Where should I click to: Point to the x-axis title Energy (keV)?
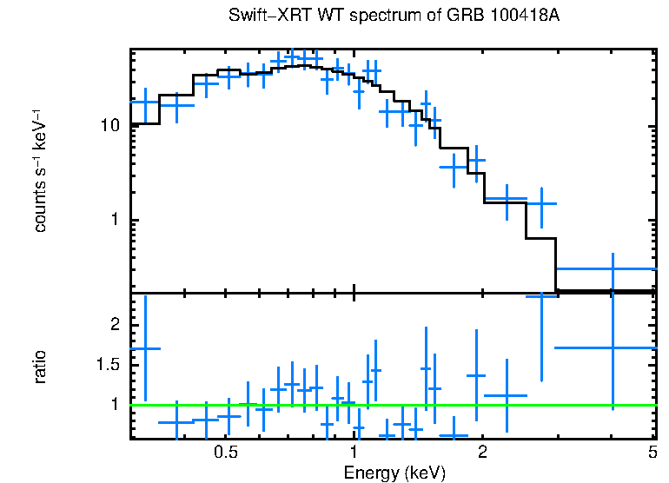tap(394, 473)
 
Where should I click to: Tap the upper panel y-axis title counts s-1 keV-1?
tap(40, 170)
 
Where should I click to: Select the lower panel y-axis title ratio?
tap(40, 366)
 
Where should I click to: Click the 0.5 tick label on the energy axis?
tap(226, 453)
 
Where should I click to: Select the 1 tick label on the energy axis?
tap(354, 453)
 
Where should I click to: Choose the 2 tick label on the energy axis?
tap(481, 453)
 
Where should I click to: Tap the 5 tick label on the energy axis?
tap(652, 453)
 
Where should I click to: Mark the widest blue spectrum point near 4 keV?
tap(613, 268)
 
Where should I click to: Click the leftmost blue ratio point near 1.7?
tap(145, 347)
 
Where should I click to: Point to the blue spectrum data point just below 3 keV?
tap(541, 203)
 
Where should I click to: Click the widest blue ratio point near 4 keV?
tap(613, 347)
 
